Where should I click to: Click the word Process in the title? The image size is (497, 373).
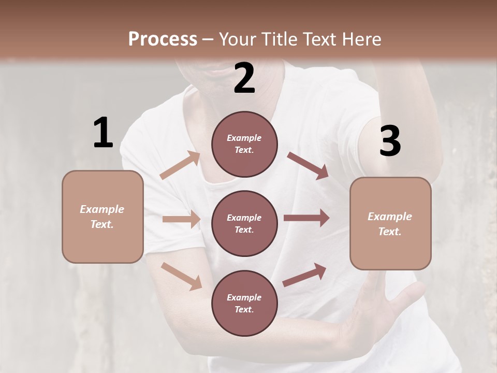pos(163,39)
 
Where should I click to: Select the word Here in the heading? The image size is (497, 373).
pos(361,39)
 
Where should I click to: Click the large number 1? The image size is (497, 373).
pos(103,133)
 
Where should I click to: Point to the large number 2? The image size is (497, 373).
pos(244,78)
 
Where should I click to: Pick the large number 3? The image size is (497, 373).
pos(390,141)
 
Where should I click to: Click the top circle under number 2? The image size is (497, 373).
pos(244,144)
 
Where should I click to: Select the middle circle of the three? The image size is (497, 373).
pos(244,223)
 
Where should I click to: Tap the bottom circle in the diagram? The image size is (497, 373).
pos(244,303)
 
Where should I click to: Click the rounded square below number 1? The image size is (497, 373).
pos(103,217)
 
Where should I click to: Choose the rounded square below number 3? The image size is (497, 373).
pos(390,223)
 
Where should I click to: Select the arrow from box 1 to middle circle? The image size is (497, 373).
pos(181,219)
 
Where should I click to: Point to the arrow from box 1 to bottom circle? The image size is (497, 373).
pos(181,276)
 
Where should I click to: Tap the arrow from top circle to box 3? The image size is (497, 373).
pos(308,165)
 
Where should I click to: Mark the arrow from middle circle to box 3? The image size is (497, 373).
pos(306,218)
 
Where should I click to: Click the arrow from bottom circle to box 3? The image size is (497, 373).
pos(304,275)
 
